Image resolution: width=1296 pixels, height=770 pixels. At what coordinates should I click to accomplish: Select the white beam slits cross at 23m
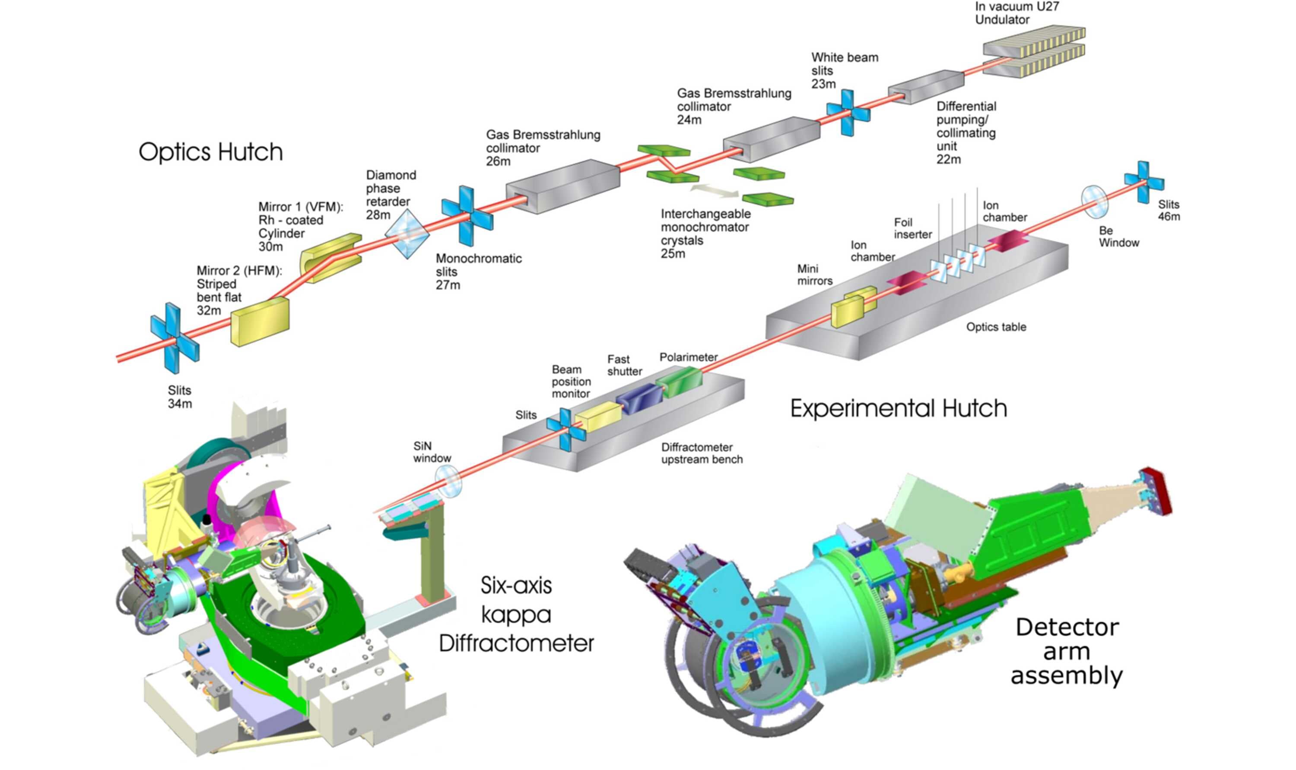click(848, 113)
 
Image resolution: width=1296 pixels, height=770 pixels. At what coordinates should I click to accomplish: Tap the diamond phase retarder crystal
click(407, 234)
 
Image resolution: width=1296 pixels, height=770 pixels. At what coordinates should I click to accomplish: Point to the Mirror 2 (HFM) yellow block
click(260, 321)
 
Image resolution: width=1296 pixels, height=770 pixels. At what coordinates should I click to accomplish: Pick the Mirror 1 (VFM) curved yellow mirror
click(330, 257)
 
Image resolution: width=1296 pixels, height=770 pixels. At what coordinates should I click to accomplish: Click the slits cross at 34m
click(175, 338)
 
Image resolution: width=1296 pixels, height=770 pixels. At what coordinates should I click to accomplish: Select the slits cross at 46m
click(1144, 182)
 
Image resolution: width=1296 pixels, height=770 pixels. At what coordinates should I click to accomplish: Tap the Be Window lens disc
click(1095, 202)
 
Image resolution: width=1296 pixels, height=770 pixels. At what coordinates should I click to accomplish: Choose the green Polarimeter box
click(679, 382)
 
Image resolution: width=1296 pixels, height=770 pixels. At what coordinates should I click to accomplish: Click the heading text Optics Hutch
click(211, 152)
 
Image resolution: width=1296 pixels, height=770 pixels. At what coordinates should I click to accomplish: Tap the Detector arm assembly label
click(1067, 652)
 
